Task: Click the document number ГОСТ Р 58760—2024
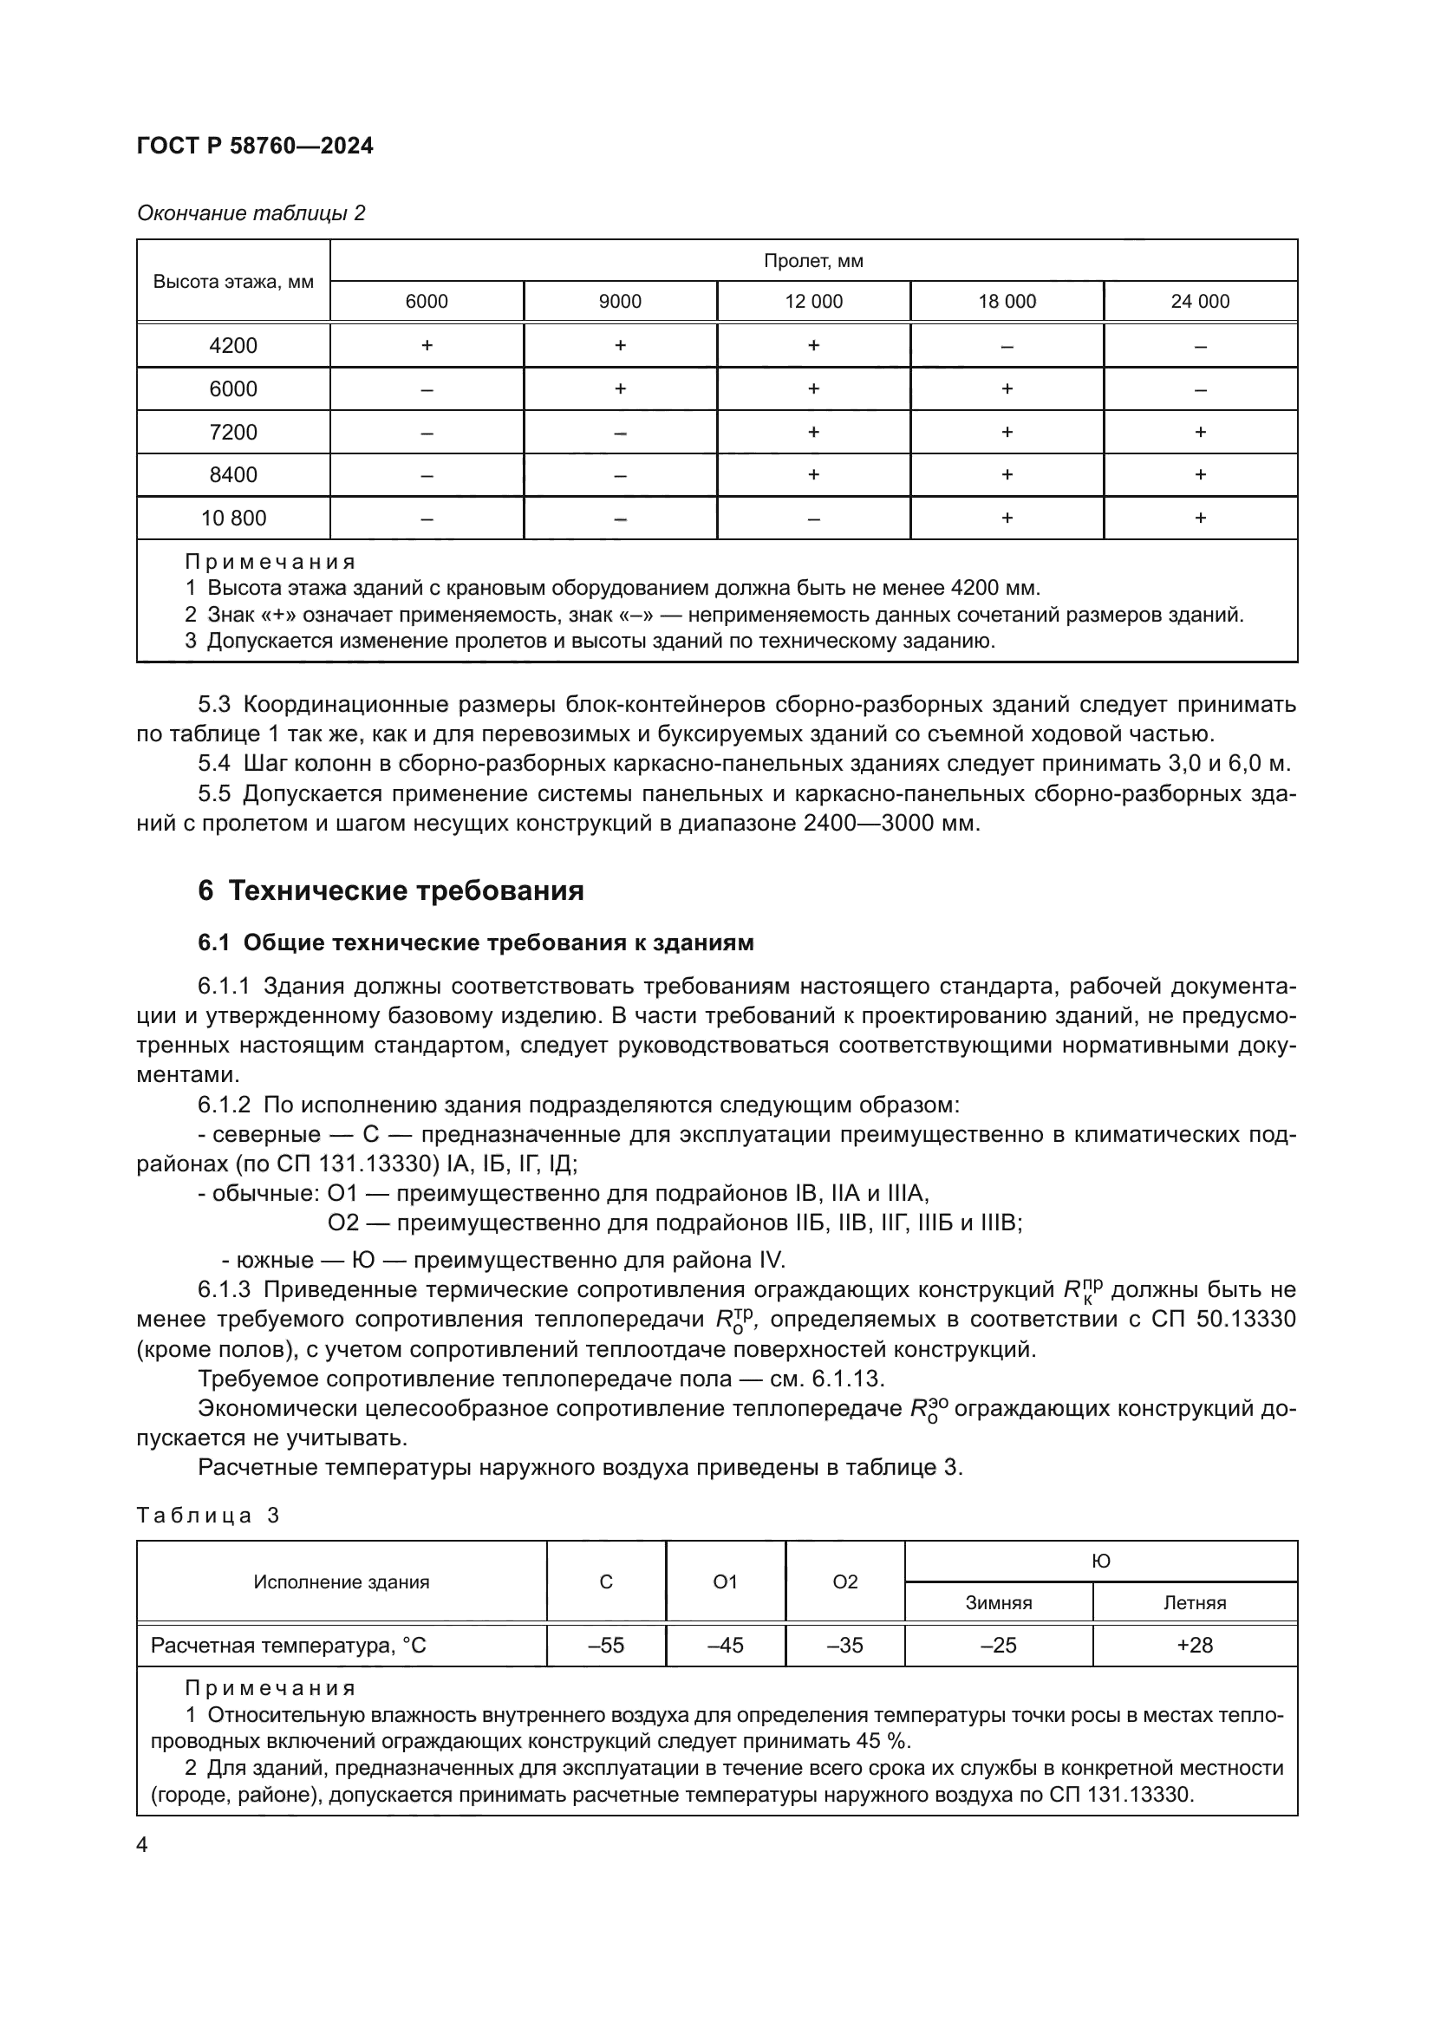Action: tap(255, 146)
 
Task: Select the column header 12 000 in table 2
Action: tap(813, 301)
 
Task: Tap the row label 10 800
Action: tap(233, 518)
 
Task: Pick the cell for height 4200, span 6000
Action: tap(427, 345)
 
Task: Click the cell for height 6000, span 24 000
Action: tap(1200, 389)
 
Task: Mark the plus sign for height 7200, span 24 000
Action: tap(1200, 432)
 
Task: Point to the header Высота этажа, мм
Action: tap(233, 282)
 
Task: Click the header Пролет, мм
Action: tap(813, 262)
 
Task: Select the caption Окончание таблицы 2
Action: tap(251, 213)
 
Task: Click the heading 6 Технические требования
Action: tap(390, 890)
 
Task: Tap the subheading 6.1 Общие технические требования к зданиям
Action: tap(476, 942)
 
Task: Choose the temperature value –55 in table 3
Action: tap(606, 1645)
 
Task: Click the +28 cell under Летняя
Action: tap(1195, 1645)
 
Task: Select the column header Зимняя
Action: tap(999, 1603)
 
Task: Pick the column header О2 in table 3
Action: tap(845, 1582)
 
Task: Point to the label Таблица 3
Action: tap(207, 1516)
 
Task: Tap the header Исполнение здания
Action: tap(341, 1582)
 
